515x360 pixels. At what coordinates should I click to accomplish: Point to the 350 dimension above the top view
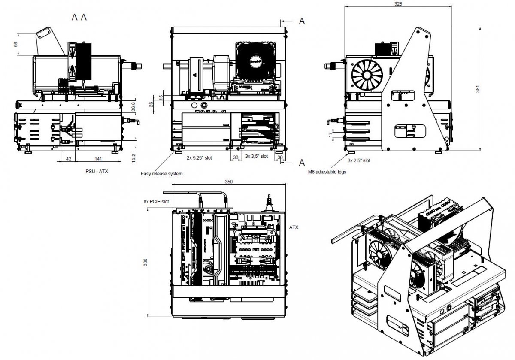(229, 182)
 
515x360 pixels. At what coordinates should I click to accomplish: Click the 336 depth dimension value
(146, 261)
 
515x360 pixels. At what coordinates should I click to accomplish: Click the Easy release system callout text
(162, 174)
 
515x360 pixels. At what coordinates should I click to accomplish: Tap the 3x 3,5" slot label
(256, 156)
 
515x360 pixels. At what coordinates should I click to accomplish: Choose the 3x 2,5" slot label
(359, 160)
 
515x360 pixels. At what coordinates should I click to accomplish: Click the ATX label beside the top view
(294, 227)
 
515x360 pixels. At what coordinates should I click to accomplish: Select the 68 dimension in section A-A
(15, 44)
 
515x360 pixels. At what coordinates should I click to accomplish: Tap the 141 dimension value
(98, 159)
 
